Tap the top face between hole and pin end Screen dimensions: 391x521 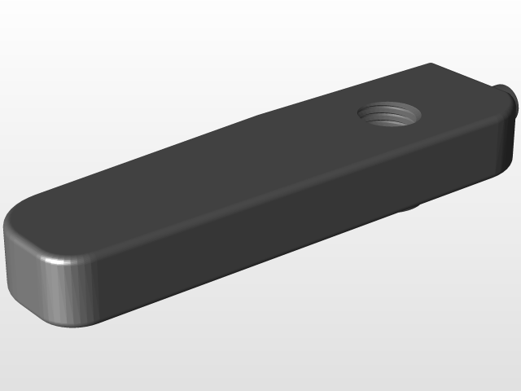coord(456,102)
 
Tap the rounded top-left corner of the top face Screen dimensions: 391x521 coord(20,214)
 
